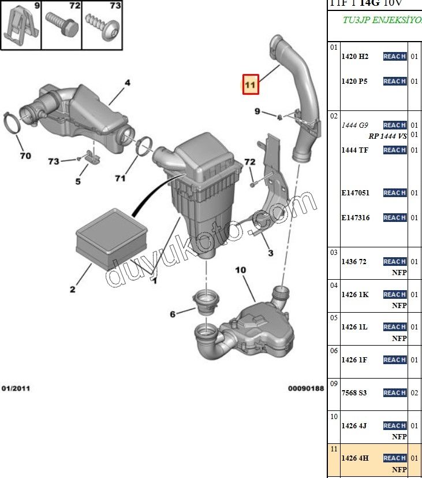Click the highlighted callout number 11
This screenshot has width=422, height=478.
pyautogui.click(x=250, y=84)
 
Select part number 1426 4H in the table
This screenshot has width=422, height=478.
pyautogui.click(x=354, y=458)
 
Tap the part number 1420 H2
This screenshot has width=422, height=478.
pyautogui.click(x=354, y=57)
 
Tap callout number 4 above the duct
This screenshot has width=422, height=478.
pyautogui.click(x=128, y=83)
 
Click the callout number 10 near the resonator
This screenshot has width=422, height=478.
pyautogui.click(x=241, y=270)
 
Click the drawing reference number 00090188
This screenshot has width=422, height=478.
pyautogui.click(x=306, y=388)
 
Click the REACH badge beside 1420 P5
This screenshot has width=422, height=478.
pyautogui.click(x=394, y=81)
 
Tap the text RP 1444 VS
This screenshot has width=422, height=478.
pyautogui.click(x=387, y=136)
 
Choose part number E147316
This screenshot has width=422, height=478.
pyautogui.click(x=355, y=218)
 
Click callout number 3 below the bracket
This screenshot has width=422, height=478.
pyautogui.click(x=269, y=253)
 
